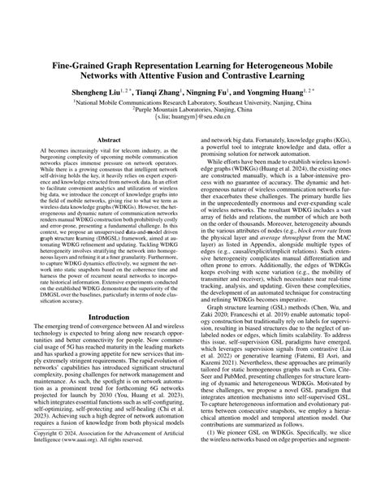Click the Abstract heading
108,163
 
